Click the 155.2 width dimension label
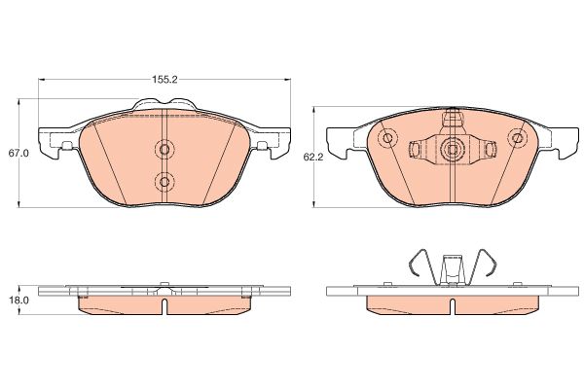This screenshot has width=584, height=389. (164, 80)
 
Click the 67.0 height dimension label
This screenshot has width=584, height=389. (18, 153)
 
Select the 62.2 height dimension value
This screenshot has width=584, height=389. (313, 157)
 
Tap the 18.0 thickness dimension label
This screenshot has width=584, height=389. (18, 301)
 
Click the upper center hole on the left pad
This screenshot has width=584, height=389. (164, 149)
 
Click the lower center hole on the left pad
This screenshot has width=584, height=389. (164, 182)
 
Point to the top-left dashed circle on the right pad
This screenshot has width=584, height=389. (387, 138)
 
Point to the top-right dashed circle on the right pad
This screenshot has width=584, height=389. (517, 138)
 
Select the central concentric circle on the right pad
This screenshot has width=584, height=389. (453, 149)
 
